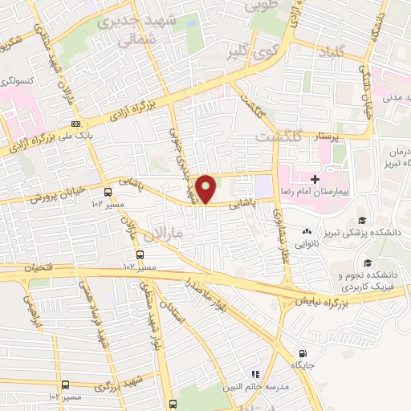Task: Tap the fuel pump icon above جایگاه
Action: (x=302, y=353)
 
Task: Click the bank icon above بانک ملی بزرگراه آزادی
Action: (x=76, y=124)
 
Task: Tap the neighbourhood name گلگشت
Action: (x=277, y=136)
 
